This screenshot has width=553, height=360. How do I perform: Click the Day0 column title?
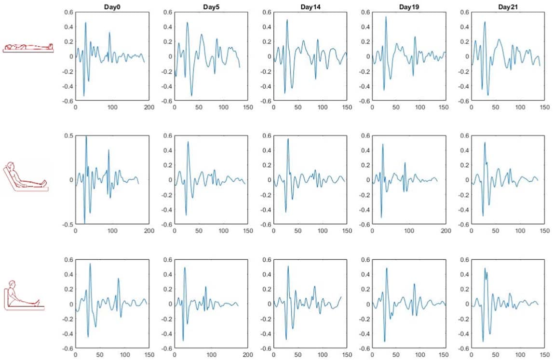[112, 6]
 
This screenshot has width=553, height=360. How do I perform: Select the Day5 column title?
[211, 6]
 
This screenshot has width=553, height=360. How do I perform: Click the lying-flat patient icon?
[27, 47]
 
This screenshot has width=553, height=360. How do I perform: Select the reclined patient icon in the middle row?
[27, 177]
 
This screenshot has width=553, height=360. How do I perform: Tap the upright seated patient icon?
[24, 294]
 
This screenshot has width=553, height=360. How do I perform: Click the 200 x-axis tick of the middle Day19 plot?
[446, 231]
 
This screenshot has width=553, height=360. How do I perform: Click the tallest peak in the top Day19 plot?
[386, 17]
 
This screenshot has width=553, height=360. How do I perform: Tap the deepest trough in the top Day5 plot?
[191, 96]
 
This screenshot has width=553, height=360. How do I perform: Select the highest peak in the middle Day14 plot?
[288, 139]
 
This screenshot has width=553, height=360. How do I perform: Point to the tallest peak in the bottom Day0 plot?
[90, 264]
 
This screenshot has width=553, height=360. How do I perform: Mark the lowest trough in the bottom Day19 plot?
[384, 342]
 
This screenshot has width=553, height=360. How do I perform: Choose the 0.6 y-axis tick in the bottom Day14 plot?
[266, 260]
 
